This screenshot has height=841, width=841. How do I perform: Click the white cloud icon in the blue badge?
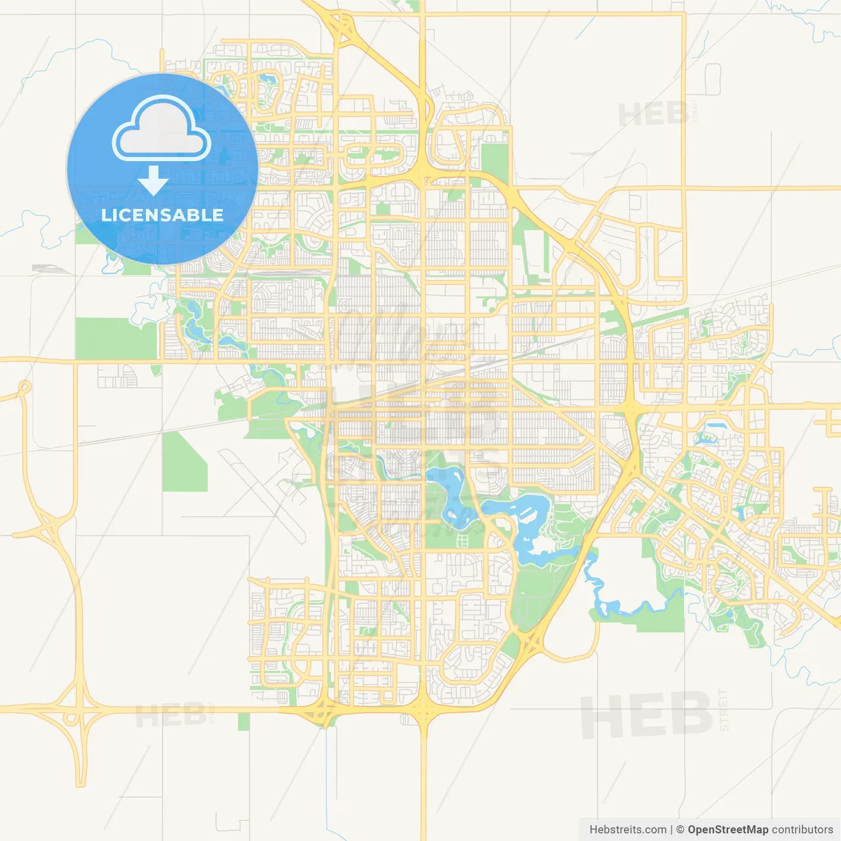tap(162, 128)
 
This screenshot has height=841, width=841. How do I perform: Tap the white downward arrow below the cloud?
tap(153, 181)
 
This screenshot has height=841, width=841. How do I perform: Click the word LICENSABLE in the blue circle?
tap(162, 215)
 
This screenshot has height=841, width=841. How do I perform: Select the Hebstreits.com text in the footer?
tap(627, 830)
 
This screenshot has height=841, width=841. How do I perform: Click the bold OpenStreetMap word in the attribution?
tap(727, 830)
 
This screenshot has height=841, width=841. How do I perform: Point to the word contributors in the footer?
tap(802, 830)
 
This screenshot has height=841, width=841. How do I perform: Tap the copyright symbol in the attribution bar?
tap(680, 830)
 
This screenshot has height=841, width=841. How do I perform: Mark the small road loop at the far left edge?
tap(25, 386)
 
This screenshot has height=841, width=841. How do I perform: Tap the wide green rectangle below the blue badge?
tap(116, 338)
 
